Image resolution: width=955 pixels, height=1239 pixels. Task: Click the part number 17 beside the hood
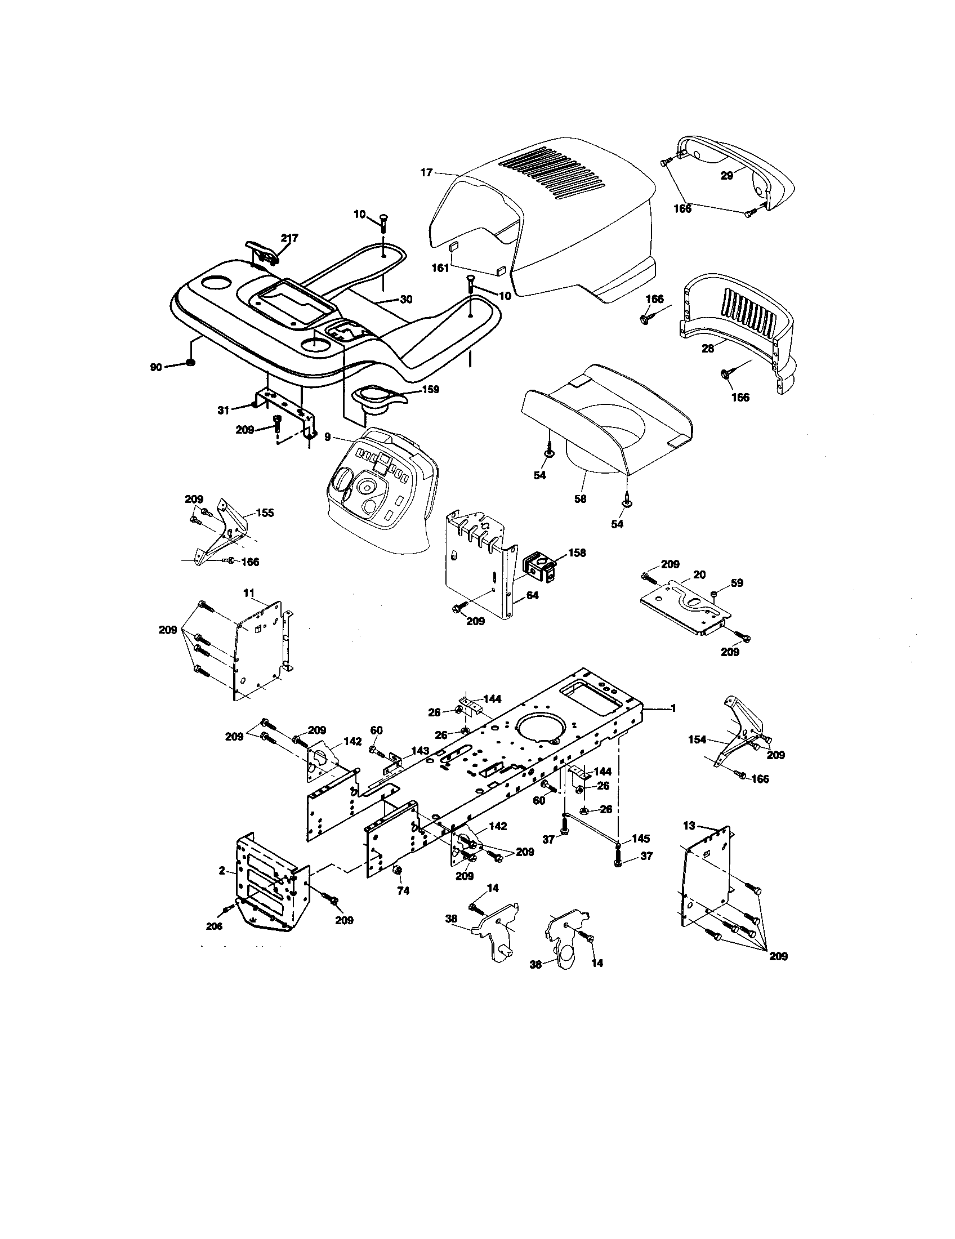(426, 172)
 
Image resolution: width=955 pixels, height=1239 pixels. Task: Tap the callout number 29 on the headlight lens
(726, 176)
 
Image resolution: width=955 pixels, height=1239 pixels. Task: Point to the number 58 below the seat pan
(579, 498)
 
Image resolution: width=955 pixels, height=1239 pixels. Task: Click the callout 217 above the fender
(289, 238)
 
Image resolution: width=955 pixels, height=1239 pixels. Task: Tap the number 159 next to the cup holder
(430, 390)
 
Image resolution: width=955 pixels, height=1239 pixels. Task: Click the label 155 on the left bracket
(265, 513)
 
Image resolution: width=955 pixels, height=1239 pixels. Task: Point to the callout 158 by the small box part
(577, 552)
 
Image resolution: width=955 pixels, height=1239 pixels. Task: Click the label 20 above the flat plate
(699, 574)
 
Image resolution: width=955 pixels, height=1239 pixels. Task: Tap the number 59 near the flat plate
(737, 583)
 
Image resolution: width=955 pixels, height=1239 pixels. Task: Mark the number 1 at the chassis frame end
(673, 708)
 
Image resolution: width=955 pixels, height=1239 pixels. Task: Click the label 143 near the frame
(420, 751)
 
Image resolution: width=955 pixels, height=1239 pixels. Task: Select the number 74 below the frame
(403, 891)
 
